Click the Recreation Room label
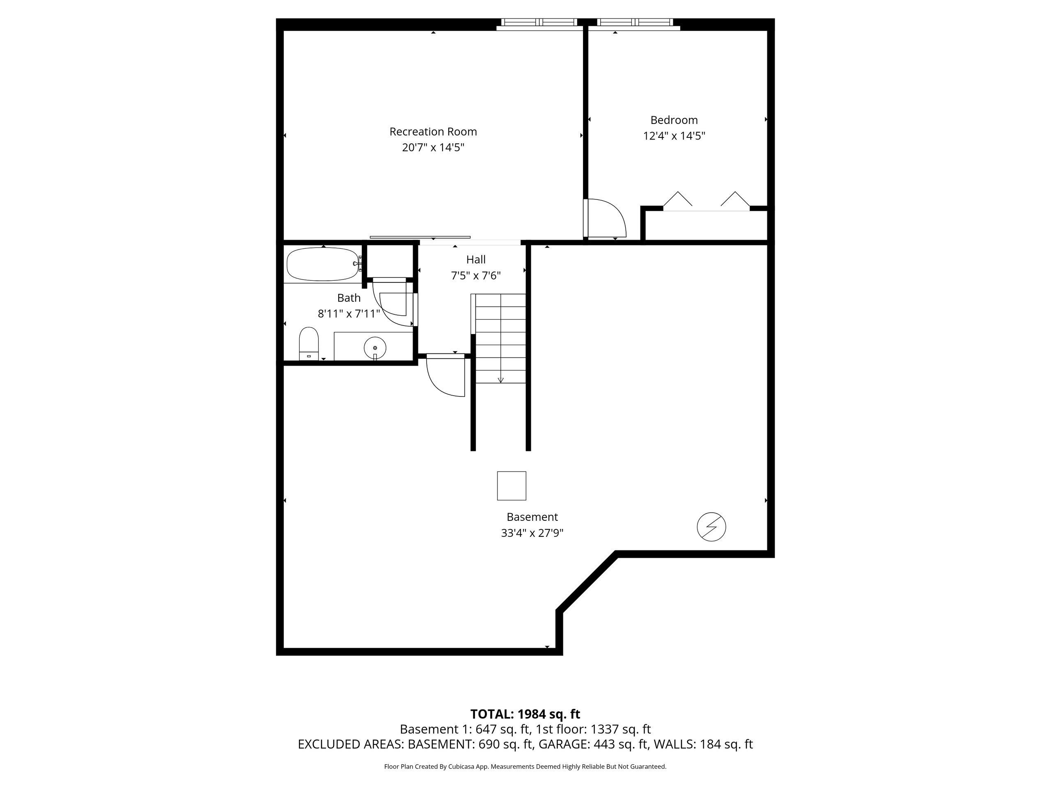(433, 132)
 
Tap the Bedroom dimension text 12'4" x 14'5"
(674, 136)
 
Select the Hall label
(475, 259)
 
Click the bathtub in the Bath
(323, 264)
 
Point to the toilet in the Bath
(308, 344)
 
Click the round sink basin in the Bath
(375, 348)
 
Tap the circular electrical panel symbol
(711, 527)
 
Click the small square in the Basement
(511, 486)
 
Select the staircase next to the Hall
(500, 338)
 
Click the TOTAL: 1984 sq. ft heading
(525, 714)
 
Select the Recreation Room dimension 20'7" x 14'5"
(433, 147)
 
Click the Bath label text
(349, 298)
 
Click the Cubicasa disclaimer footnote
(525, 766)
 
